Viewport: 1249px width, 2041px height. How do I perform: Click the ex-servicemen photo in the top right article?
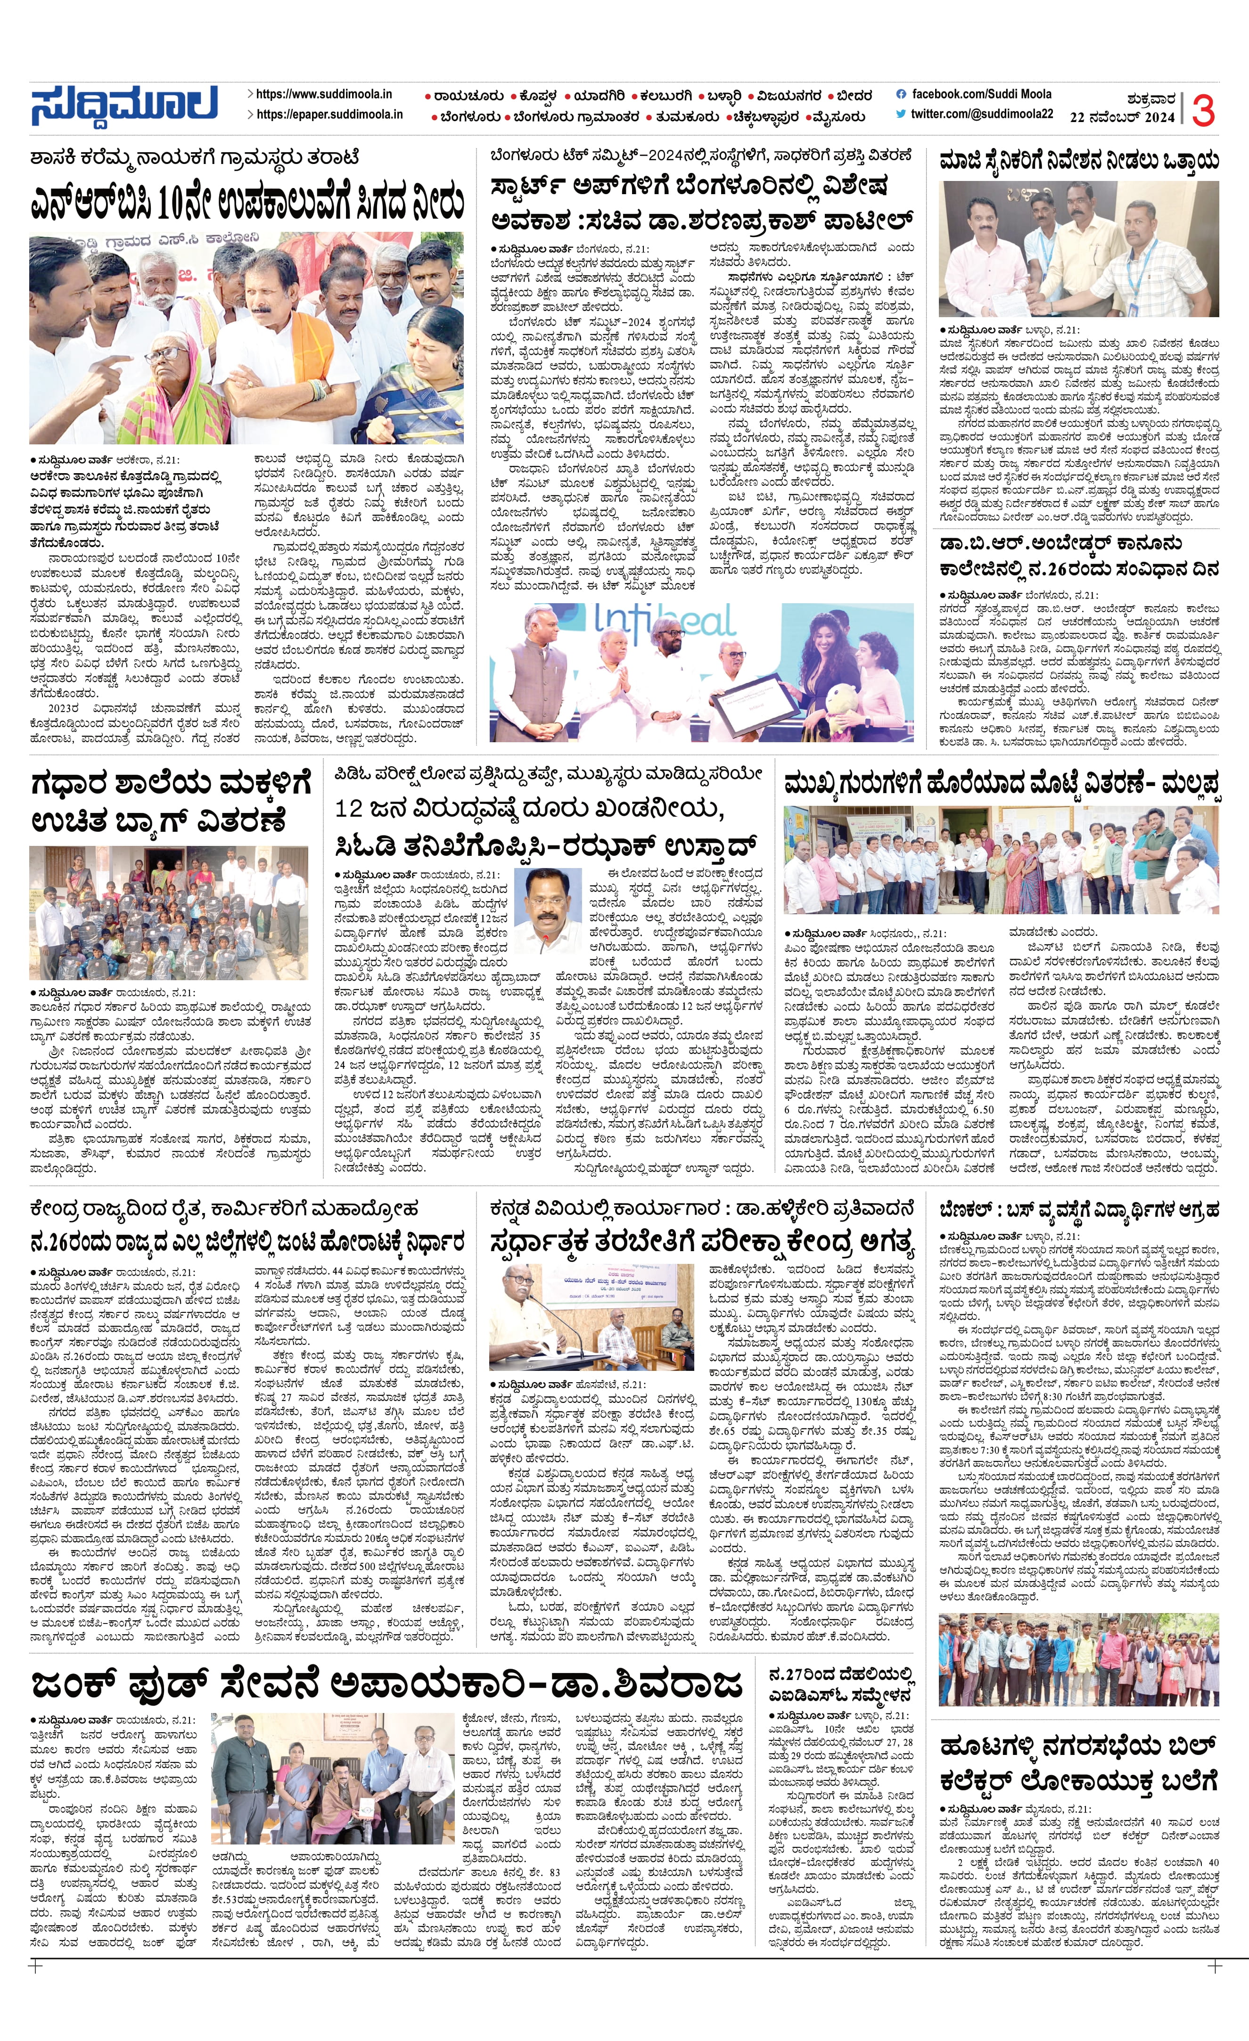pos(1078,248)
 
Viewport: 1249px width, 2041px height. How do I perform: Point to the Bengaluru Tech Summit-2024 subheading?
pos(700,155)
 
